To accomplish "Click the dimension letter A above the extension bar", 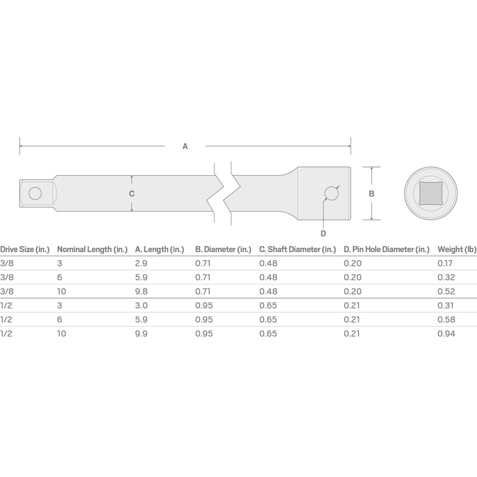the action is coord(185,146).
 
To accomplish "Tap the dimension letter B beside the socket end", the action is coord(371,193).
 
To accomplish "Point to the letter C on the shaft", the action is coord(131,193).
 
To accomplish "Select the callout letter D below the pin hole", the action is coord(323,233).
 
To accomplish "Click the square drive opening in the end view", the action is coord(430,193).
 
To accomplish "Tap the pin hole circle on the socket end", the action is coord(332,193).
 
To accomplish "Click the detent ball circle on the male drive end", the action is coord(35,193).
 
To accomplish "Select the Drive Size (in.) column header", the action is coord(24,249).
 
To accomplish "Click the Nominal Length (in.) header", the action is coord(92,249).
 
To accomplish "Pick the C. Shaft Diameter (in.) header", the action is coord(298,249).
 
